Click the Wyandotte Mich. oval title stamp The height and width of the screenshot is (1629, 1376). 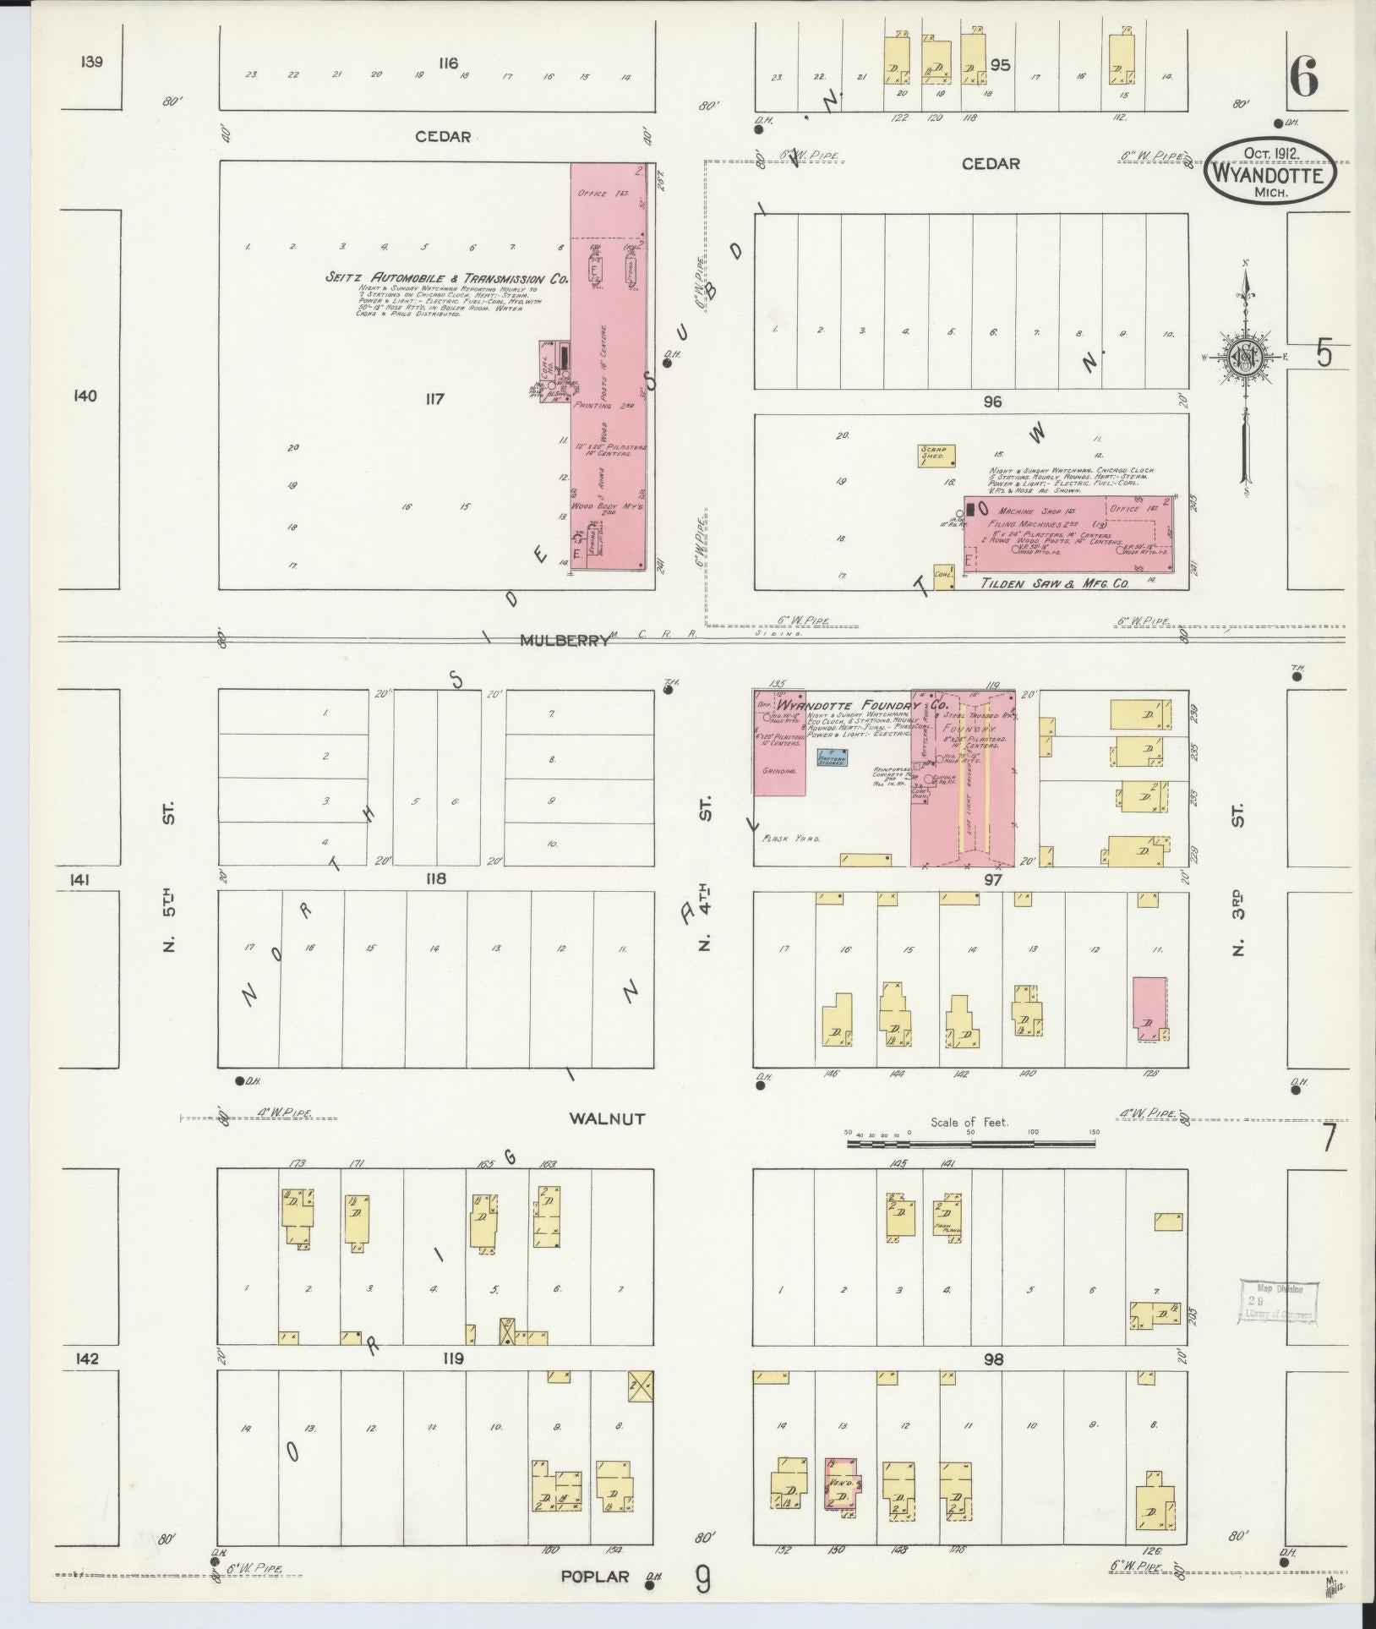(x=1270, y=172)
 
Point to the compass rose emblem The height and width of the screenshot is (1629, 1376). (x=1246, y=356)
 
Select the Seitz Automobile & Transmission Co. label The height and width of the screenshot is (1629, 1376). (x=447, y=277)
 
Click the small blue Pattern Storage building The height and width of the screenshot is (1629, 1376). (x=834, y=757)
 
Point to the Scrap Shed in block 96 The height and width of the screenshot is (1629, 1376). (x=937, y=456)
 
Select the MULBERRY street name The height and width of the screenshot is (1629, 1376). (x=565, y=641)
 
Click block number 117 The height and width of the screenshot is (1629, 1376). (x=435, y=399)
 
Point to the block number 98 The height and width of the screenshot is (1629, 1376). (x=993, y=1359)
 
